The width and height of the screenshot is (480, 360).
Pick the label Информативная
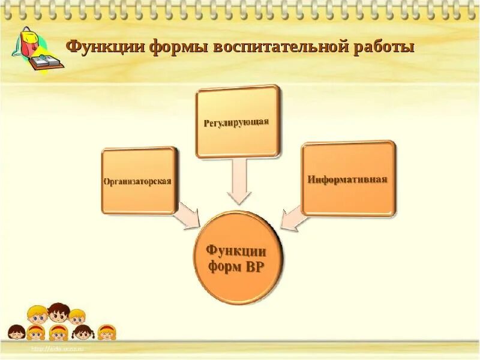coord(347,179)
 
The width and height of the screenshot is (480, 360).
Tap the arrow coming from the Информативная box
coord(292,217)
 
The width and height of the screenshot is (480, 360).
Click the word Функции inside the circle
coord(238,250)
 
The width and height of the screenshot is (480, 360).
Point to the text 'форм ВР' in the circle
coord(238,267)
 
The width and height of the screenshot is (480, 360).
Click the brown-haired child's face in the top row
coord(58,313)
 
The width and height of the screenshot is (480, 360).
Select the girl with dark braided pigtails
coord(83,332)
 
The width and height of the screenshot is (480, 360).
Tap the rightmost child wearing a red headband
coord(107,331)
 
